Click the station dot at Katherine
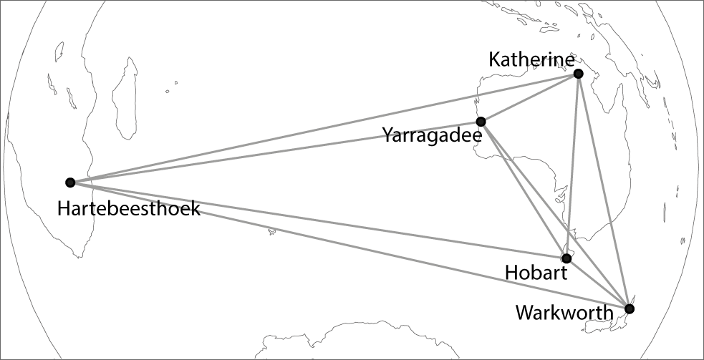point(578,74)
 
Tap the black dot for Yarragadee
point(481,122)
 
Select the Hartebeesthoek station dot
point(70,183)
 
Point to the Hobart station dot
point(566,258)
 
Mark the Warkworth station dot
point(629,309)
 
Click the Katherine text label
point(531,59)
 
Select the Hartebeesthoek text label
point(129,209)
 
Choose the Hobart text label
point(536,273)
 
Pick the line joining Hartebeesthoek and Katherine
point(322,128)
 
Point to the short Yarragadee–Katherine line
point(530,97)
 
